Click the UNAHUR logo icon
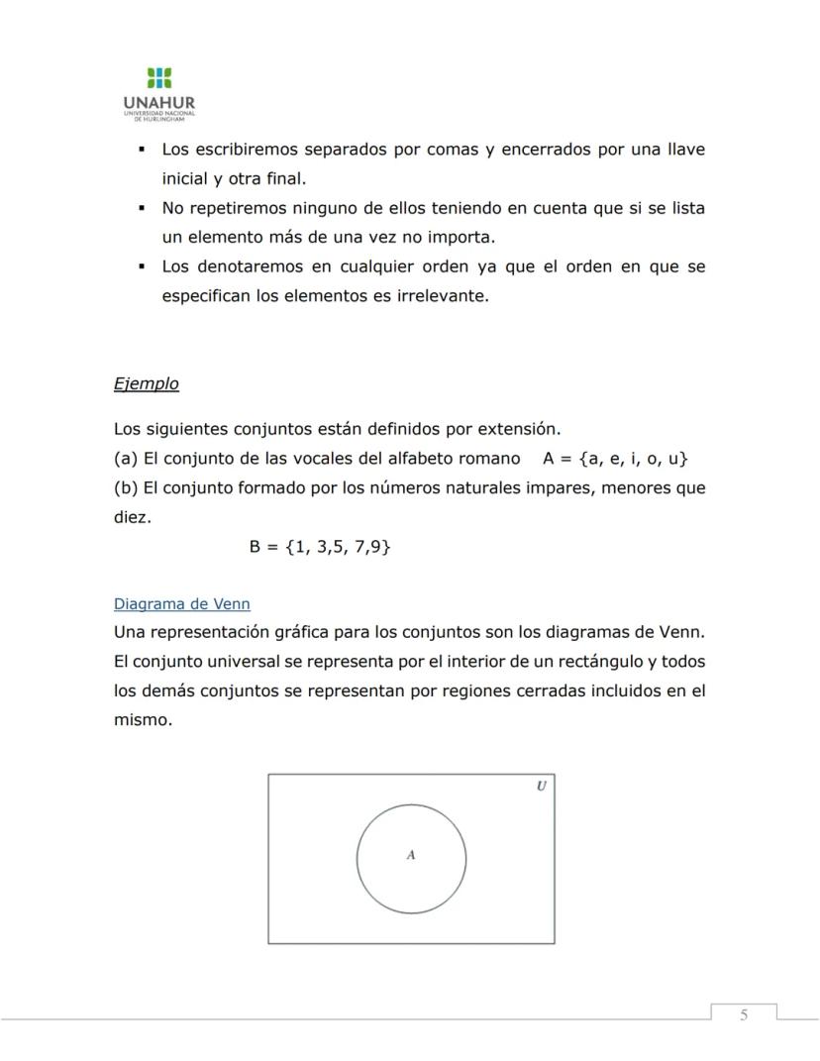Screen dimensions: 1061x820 point(158,78)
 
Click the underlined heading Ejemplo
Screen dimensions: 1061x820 point(147,383)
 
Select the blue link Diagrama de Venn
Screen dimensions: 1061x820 point(181,603)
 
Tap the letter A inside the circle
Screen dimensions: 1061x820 point(411,855)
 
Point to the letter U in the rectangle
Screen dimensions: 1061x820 point(541,786)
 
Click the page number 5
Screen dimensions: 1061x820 point(744,1014)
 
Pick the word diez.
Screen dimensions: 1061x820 point(132,516)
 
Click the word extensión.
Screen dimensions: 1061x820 point(520,430)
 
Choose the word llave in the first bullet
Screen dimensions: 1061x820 point(685,150)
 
